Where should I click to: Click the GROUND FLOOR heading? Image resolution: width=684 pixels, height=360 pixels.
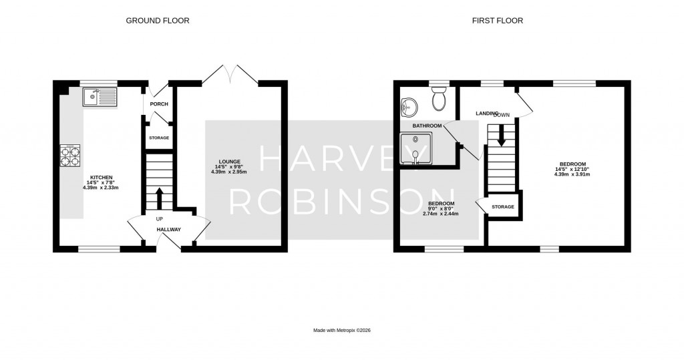(158, 21)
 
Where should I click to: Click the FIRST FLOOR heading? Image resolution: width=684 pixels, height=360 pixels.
(498, 21)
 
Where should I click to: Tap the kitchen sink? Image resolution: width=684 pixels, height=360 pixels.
(98, 98)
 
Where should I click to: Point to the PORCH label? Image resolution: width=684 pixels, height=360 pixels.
(159, 104)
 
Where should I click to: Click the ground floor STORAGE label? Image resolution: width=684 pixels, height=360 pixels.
(159, 138)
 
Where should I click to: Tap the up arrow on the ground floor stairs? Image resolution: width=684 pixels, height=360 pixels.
(159, 198)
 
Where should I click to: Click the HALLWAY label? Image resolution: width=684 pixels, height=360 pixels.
(168, 230)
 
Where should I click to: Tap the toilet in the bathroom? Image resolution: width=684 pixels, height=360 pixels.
(439, 100)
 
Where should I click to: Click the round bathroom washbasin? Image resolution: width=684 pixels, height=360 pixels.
(409, 107)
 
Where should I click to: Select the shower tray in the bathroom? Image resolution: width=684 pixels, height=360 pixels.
(415, 148)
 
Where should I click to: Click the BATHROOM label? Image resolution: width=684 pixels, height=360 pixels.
(427, 126)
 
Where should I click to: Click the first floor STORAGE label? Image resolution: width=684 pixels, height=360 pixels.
(503, 207)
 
